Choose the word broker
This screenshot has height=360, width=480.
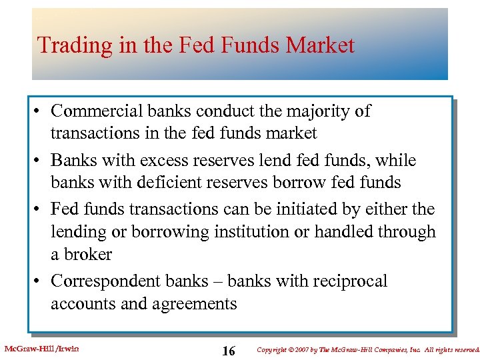(89, 254)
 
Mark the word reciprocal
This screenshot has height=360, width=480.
(349, 281)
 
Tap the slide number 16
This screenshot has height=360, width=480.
(228, 351)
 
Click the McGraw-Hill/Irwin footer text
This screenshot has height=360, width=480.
(41, 348)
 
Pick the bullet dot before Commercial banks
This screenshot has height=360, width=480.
(40, 112)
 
